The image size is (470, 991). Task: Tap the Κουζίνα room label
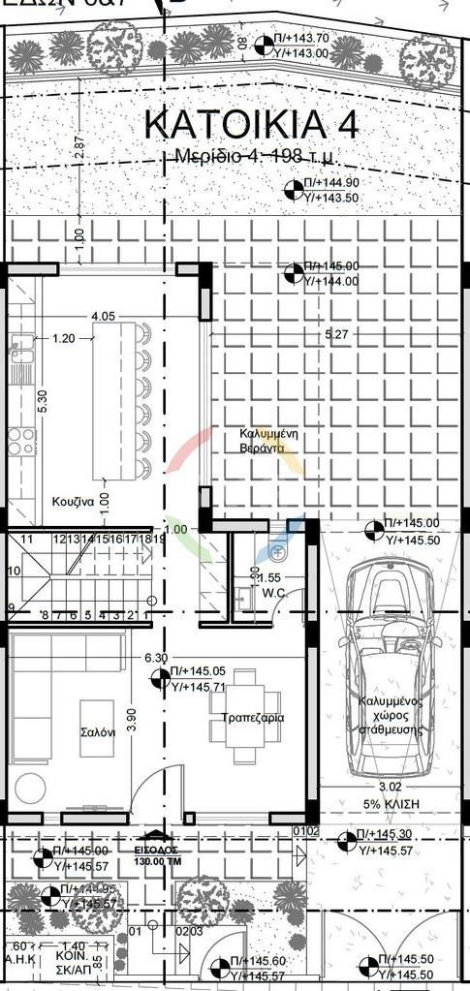(73, 503)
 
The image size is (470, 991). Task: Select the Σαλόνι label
(98, 733)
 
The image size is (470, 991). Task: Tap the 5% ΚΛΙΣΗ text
(388, 802)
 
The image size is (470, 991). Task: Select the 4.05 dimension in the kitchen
(104, 316)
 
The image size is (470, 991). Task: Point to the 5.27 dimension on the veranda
(336, 334)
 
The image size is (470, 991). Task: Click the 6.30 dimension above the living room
(157, 657)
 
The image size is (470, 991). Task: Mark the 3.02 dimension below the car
(388, 787)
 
